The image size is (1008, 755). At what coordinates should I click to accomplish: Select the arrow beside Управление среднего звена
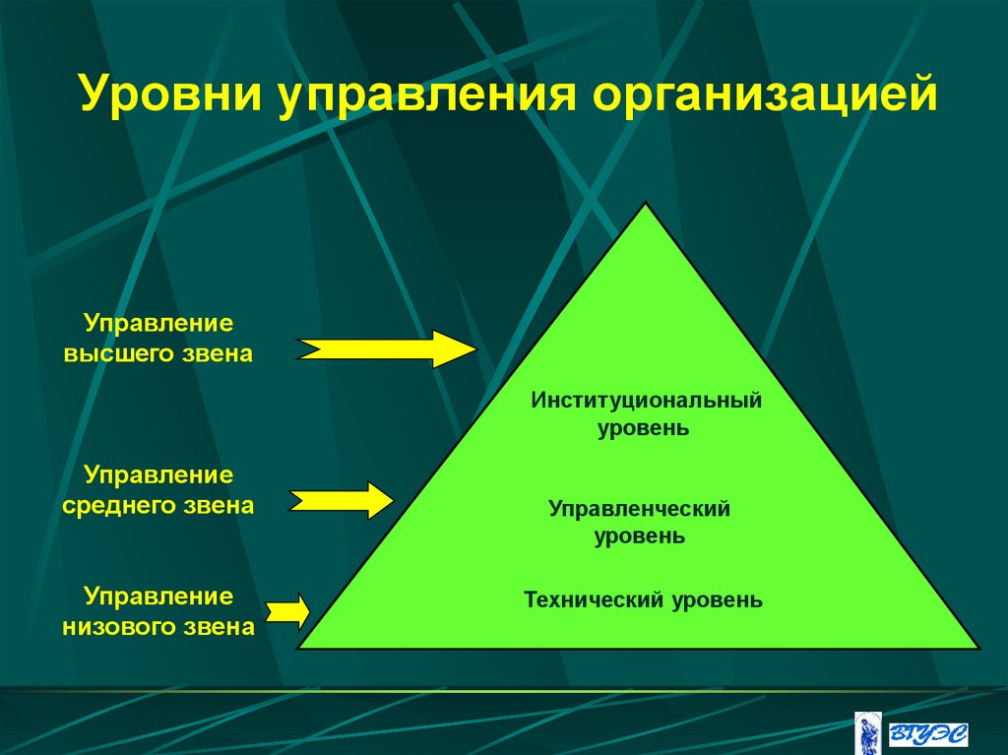click(341, 500)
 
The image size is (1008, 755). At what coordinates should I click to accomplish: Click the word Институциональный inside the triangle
click(647, 401)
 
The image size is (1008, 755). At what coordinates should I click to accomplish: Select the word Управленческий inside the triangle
click(639, 509)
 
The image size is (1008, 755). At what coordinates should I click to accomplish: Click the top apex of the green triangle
click(645, 205)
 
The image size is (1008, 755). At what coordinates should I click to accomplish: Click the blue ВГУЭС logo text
click(927, 733)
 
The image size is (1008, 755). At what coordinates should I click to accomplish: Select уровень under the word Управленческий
click(639, 537)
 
